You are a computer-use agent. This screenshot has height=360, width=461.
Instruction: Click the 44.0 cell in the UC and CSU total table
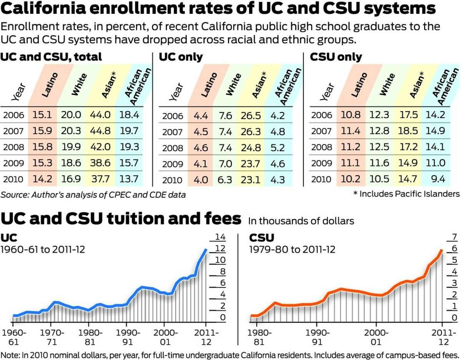100,115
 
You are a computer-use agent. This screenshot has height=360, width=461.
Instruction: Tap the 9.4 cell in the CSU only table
438,179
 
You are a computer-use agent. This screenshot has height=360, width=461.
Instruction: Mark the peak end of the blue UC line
206,250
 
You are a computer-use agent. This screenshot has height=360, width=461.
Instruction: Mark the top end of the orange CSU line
442,250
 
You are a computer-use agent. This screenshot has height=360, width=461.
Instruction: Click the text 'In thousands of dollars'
301,221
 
